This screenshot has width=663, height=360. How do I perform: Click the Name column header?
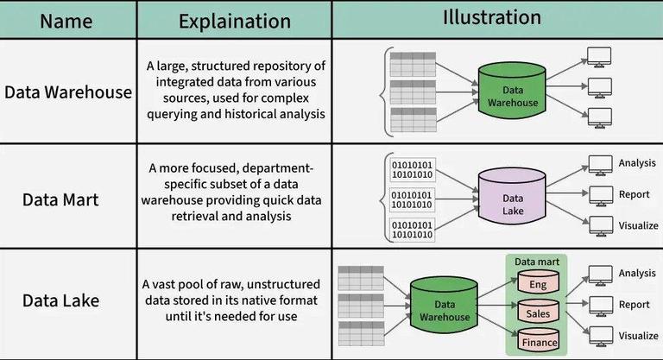click(67, 20)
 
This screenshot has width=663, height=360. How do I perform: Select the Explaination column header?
click(233, 20)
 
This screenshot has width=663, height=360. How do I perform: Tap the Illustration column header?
click(492, 18)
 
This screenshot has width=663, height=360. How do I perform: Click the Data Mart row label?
click(60, 199)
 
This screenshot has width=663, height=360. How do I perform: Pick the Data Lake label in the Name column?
click(60, 300)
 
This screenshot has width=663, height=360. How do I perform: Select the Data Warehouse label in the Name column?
click(68, 92)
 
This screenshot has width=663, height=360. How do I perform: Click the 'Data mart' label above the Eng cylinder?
click(537, 261)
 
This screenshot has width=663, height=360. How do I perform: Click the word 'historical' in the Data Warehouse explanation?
click(278, 113)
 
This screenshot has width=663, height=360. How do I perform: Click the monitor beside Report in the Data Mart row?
click(599, 195)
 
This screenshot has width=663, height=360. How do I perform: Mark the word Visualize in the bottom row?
click(638, 336)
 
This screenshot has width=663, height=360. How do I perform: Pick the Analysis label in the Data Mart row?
click(638, 162)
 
